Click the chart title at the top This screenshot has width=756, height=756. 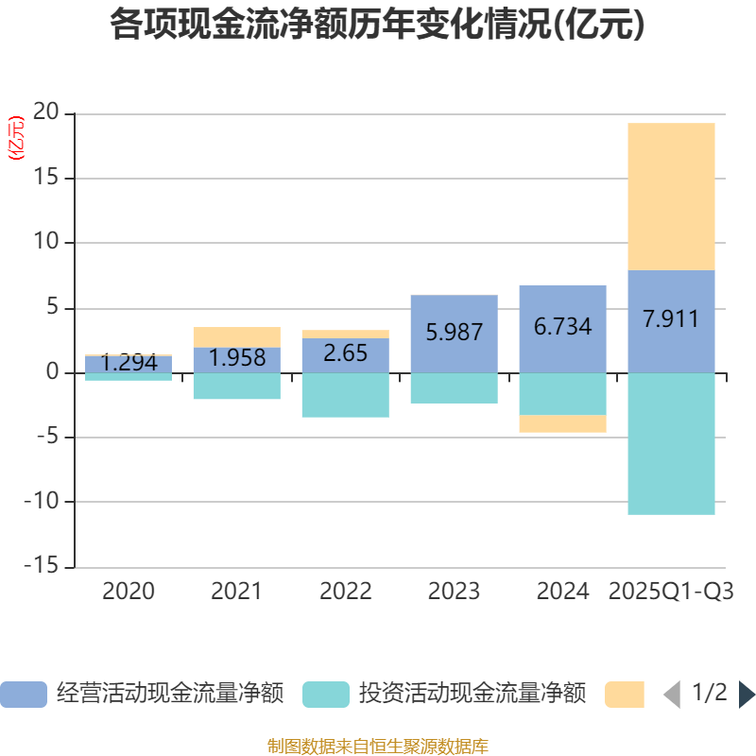[377, 26]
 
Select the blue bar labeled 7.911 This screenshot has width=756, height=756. [671, 321]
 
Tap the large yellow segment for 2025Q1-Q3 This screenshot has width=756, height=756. [671, 197]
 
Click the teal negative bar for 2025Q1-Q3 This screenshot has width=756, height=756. [671, 444]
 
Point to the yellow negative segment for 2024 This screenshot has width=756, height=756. [562, 424]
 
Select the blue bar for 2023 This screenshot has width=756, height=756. [454, 333]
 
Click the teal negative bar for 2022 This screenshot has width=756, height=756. [345, 395]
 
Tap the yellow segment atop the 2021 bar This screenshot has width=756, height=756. [236, 336]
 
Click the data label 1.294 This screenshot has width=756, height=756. [129, 363]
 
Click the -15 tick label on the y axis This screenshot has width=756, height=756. [42, 567]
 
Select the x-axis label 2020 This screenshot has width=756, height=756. [129, 593]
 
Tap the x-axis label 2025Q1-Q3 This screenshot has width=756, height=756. [671, 593]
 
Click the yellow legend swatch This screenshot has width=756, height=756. [625, 694]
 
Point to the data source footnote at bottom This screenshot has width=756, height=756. [377, 747]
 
